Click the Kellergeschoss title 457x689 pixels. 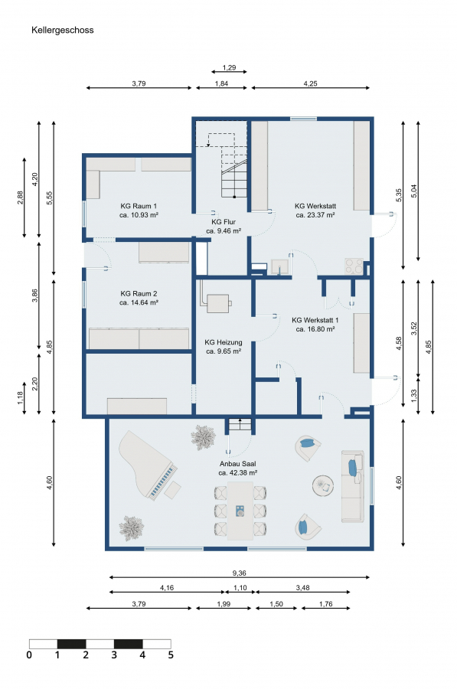pyautogui.click(x=63, y=31)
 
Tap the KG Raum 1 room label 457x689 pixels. pyautogui.click(x=139, y=206)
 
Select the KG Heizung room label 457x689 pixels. pyautogui.click(x=224, y=342)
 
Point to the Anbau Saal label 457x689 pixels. pyautogui.click(x=238, y=464)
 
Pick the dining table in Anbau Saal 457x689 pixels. pyautogui.click(x=240, y=511)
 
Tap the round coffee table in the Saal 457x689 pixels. pyautogui.click(x=323, y=485)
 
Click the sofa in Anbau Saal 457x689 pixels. pyautogui.click(x=352, y=485)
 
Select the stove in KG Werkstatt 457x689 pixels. pyautogui.click(x=354, y=266)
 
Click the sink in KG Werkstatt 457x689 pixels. pyautogui.click(x=279, y=266)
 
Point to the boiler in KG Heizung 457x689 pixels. pyautogui.click(x=218, y=302)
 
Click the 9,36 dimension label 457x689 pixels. pyautogui.click(x=239, y=573)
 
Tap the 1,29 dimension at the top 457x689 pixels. pyautogui.click(x=229, y=67)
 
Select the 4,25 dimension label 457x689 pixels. pyautogui.click(x=310, y=83)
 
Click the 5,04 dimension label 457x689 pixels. pyautogui.click(x=413, y=191)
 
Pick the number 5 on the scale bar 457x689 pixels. pyautogui.click(x=171, y=655)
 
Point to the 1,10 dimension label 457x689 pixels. pyautogui.click(x=240, y=588)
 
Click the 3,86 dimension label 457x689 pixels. pyautogui.click(x=34, y=296)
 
